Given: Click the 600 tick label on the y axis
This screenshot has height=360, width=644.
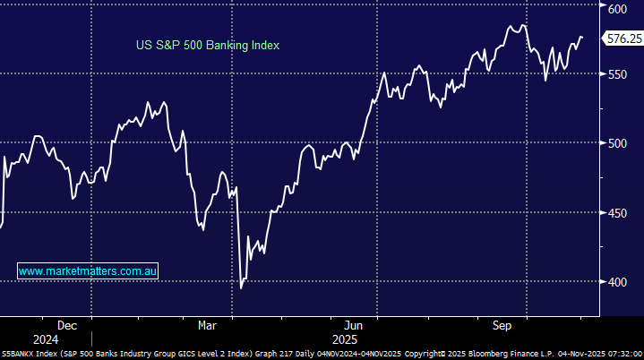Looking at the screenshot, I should click(617, 9).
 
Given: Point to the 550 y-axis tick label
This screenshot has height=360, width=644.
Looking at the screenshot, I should click(617, 73).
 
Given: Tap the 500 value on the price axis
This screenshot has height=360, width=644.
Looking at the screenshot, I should click(617, 143).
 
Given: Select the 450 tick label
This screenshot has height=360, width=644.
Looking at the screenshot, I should click(617, 213).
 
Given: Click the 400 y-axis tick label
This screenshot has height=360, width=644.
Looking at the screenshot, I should click(617, 282).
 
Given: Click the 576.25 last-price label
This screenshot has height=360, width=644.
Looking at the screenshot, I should click(623, 39).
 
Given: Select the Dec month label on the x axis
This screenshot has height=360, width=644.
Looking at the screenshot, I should click(67, 325).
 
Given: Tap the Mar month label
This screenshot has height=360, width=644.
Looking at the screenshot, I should click(207, 325).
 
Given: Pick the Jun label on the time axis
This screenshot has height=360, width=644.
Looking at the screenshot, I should click(353, 325).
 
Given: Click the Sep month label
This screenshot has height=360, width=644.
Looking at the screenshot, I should click(502, 325).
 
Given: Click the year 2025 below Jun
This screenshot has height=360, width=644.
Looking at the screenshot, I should click(345, 340).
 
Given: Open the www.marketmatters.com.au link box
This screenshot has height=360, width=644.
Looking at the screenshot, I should click(88, 270).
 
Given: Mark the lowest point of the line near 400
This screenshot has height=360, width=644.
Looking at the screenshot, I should click(241, 287).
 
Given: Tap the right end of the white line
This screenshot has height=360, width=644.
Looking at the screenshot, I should click(582, 38).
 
